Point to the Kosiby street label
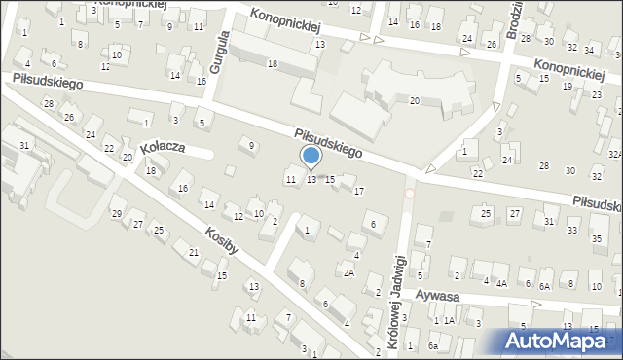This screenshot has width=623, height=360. (x=221, y=241)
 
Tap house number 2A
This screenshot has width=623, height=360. (x=348, y=273)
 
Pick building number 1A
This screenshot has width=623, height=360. (x=450, y=321)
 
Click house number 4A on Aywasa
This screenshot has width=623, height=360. (x=501, y=284)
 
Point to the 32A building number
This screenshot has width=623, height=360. (x=614, y=154)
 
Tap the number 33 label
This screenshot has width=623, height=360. (x=571, y=230)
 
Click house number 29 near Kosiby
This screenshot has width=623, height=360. (x=117, y=213)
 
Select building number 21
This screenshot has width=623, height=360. (x=195, y=253)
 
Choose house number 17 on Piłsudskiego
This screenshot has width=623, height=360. (x=359, y=191)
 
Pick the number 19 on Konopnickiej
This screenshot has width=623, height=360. (x=568, y=87)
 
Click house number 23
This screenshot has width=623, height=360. (x=597, y=95)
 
